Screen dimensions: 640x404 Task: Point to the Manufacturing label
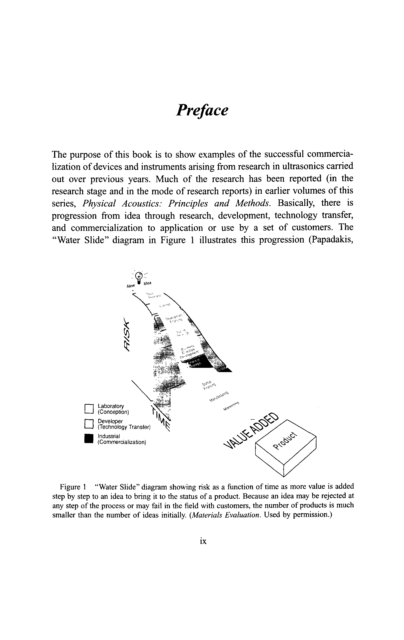pos(219,396)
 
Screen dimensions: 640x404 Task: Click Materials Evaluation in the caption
pos(226,515)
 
